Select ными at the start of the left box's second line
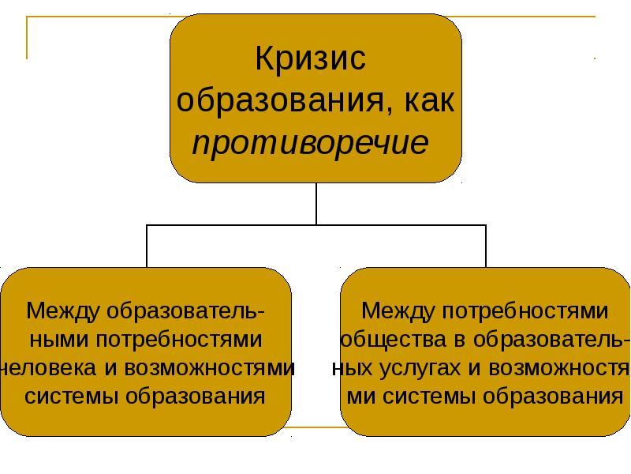click(x=61, y=340)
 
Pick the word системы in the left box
click(x=73, y=395)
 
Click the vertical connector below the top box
click(x=316, y=204)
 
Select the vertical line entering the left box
click(x=147, y=246)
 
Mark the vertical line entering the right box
click(x=486, y=246)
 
